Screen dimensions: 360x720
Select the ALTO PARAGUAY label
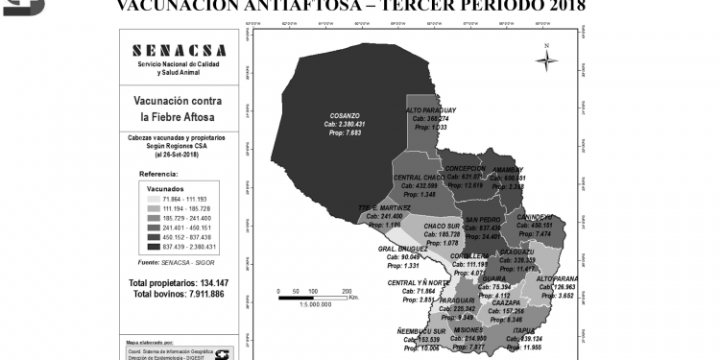tap(431, 110)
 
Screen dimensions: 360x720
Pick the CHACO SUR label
tap(442, 226)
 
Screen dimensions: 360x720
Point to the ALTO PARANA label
tap(557, 278)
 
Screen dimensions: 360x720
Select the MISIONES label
tap(468, 329)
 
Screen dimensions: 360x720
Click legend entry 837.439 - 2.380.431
tap(190, 245)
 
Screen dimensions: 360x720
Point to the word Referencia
tap(159, 174)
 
